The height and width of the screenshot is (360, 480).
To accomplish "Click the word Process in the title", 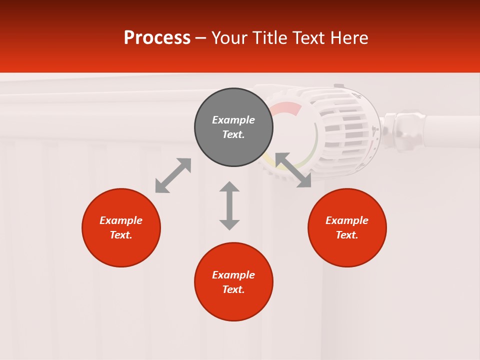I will click(x=157, y=38).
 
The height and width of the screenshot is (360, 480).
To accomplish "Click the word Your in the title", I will click(x=229, y=38).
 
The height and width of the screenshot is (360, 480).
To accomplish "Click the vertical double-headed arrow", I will click(x=229, y=205).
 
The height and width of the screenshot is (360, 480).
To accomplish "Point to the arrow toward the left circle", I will click(x=173, y=175).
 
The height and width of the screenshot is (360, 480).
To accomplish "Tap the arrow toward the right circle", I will click(x=293, y=170).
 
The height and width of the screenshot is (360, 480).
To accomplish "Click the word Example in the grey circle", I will click(x=233, y=120).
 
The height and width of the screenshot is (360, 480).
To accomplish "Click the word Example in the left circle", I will click(x=121, y=220).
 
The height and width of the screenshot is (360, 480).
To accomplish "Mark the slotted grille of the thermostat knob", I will click(x=345, y=125).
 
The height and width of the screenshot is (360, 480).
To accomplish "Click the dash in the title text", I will click(x=201, y=38).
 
